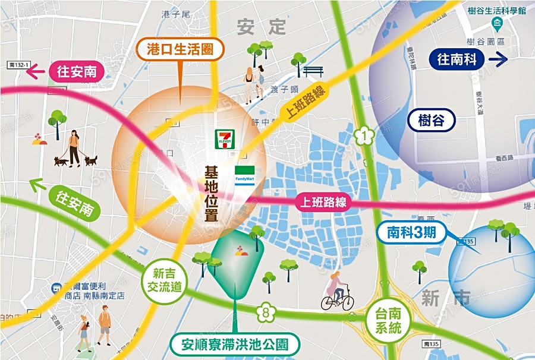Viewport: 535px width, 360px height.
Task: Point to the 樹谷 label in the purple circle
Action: (x=432, y=121)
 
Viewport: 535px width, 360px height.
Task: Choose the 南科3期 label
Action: (x=411, y=232)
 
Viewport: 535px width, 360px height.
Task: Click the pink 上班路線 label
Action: (x=321, y=202)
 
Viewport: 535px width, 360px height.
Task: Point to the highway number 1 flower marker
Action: (x=362, y=135)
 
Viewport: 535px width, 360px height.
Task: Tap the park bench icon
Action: (x=313, y=72)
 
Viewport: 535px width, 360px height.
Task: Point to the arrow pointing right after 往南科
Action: (x=498, y=59)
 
